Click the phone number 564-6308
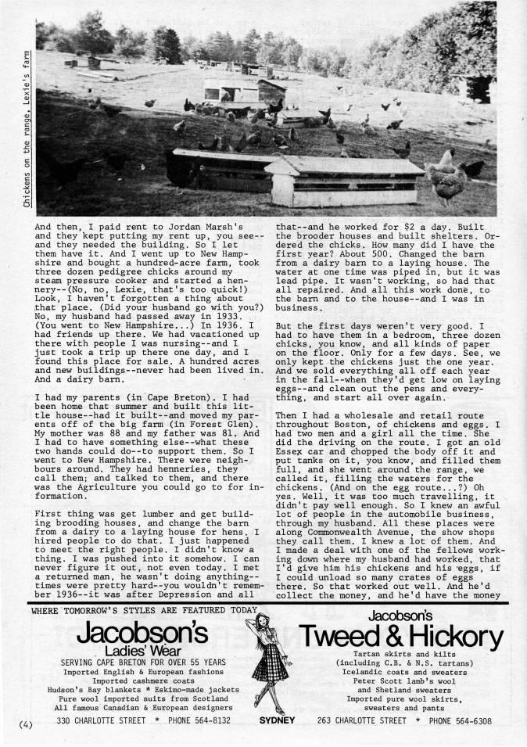[471, 720]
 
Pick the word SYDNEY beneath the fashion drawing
[278, 720]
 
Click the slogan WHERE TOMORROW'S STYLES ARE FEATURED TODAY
[143, 610]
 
